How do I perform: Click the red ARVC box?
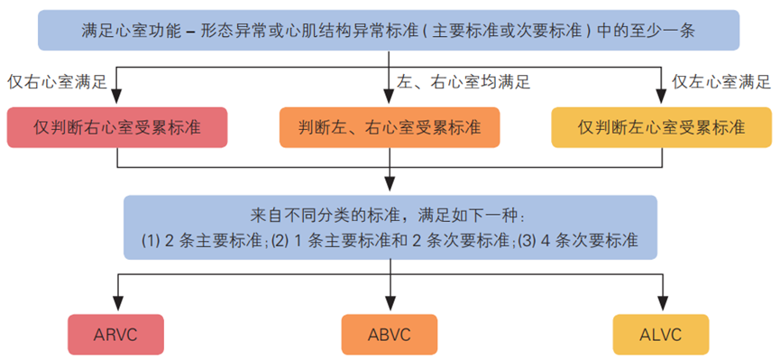[115, 335]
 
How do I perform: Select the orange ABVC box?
[390, 335]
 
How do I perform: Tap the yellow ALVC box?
[659, 335]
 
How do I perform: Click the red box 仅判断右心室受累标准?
[116, 126]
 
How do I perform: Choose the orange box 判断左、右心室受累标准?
[390, 126]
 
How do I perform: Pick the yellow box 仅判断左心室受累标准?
[662, 126]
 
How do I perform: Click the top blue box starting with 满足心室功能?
[390, 32]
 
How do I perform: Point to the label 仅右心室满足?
[57, 82]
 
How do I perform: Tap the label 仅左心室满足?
[721, 82]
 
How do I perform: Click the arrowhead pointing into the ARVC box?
[118, 307]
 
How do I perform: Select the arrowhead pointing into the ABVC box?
[390, 307]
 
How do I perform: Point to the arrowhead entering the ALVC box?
[661, 307]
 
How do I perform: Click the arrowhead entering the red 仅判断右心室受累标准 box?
[118, 98]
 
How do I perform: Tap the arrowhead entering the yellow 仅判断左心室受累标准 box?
[661, 98]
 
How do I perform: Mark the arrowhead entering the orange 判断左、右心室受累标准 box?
[390, 98]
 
